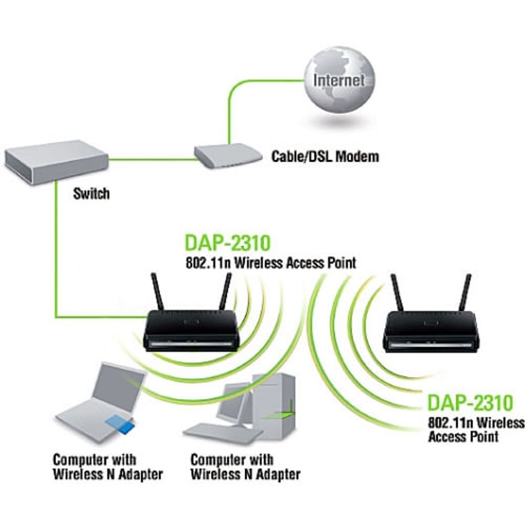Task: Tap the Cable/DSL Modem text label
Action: coord(324,156)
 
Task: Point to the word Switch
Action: coord(91,193)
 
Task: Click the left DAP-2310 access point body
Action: coord(192,331)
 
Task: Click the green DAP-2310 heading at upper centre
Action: coord(227,244)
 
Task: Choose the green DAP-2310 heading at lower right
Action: coord(469,403)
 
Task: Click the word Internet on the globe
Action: coord(339,80)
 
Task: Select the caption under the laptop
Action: coord(107,467)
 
